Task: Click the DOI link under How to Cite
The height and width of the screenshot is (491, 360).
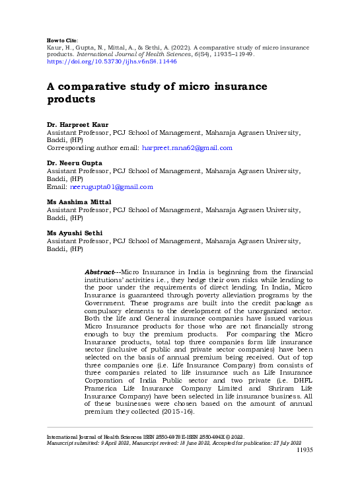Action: coord(112,61)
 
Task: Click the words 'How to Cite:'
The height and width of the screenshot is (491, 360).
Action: coord(63,40)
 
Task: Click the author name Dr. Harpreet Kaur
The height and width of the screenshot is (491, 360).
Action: coord(73,124)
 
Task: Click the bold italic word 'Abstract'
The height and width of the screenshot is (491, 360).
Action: coord(101,272)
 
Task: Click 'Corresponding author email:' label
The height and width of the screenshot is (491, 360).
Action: coord(92,147)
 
